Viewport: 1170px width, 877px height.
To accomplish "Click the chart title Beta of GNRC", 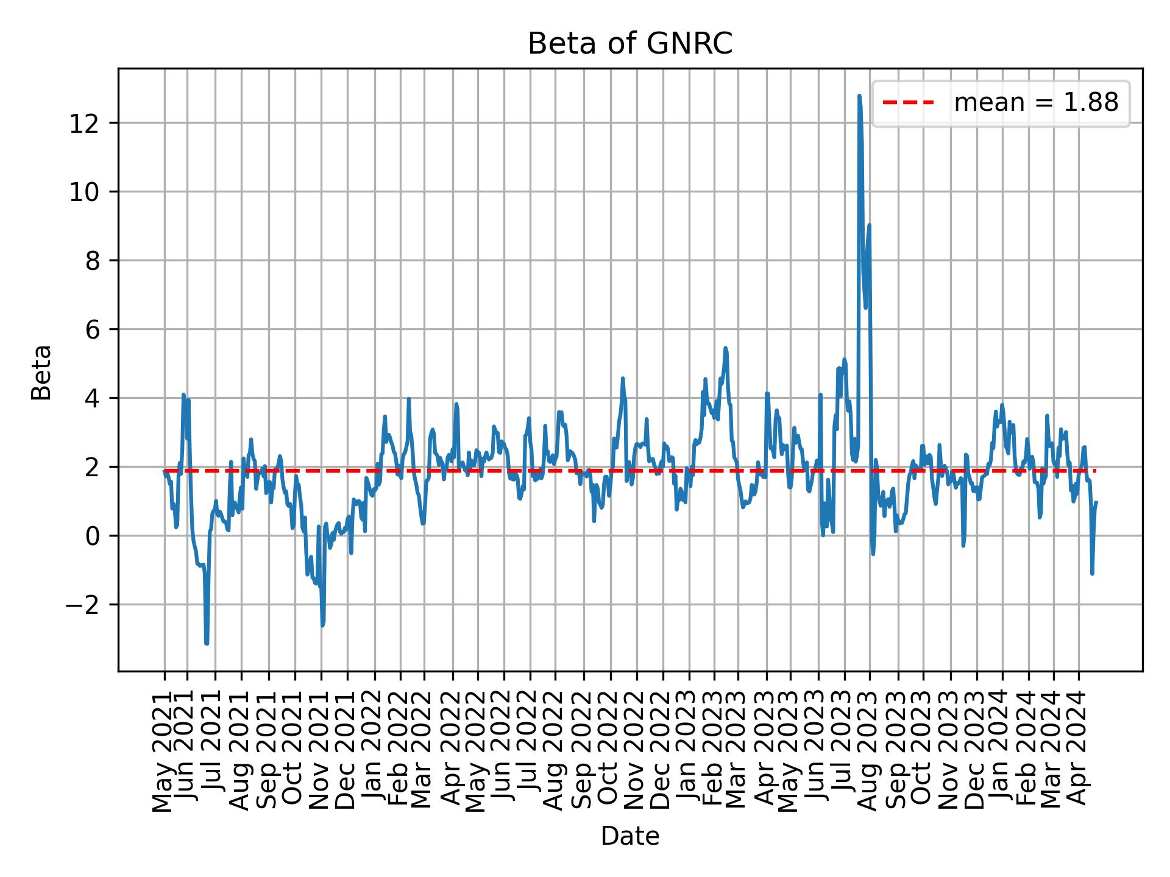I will [629, 44].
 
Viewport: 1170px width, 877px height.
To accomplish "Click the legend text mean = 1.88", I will [1036, 103].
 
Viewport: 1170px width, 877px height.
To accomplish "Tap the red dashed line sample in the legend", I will [908, 103].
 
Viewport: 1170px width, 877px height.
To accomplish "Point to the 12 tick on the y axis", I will [83, 123].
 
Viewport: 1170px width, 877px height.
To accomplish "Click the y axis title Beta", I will [41, 372].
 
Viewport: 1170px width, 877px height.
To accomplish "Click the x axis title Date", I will [629, 836].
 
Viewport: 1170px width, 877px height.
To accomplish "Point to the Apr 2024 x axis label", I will [1078, 751].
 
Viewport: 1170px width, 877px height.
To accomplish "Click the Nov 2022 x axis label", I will [636, 751].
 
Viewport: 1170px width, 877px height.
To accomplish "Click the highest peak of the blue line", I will [859, 96].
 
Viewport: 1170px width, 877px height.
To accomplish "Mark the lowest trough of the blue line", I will [207, 643].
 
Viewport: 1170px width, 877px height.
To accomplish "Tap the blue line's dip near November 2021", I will [322, 625].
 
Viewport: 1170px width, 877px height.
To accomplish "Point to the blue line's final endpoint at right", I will [1096, 502].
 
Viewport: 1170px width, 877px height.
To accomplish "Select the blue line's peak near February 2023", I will [725, 348].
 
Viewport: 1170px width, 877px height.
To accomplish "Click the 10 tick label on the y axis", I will [83, 192].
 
